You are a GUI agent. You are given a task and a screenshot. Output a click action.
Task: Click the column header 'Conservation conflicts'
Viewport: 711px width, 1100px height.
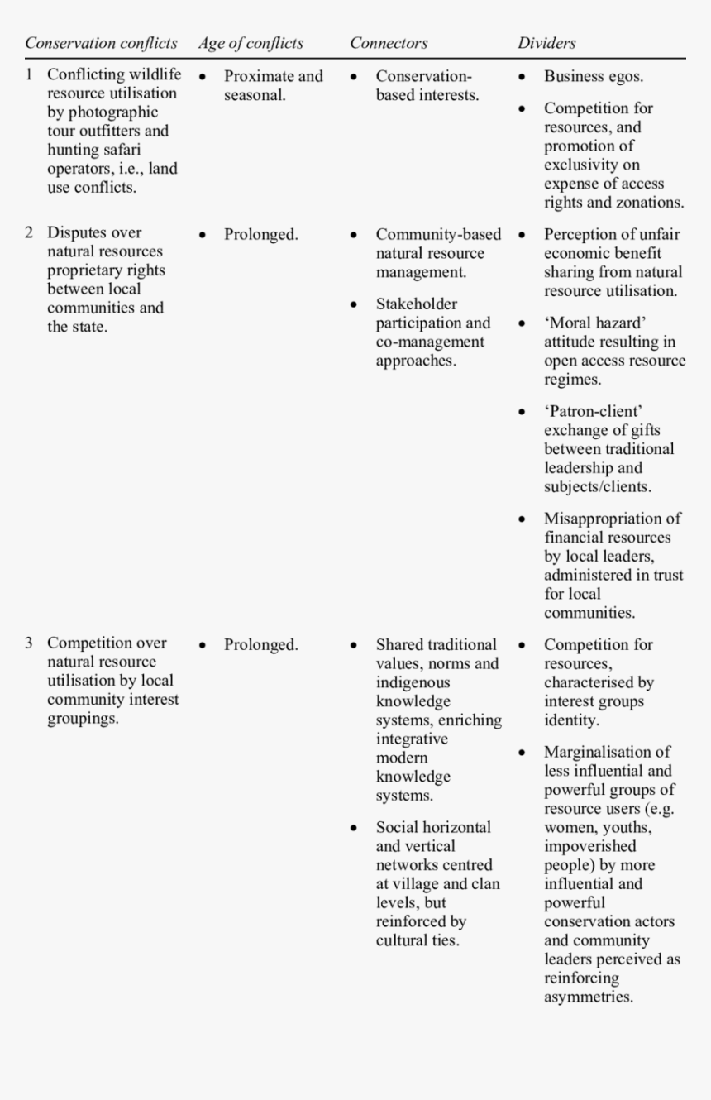101,43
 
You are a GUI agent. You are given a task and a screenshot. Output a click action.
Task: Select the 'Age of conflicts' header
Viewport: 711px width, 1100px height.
251,43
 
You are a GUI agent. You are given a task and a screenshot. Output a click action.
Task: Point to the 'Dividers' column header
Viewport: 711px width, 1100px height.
546,43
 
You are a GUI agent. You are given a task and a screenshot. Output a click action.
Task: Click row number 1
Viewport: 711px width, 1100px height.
29,74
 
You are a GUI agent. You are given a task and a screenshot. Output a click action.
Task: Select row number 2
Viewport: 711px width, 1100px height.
29,232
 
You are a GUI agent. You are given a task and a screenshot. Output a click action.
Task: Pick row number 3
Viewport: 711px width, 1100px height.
29,643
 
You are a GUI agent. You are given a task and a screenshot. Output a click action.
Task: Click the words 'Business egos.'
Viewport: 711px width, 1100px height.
593,76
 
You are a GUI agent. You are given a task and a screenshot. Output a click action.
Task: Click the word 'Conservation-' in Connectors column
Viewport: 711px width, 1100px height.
423,76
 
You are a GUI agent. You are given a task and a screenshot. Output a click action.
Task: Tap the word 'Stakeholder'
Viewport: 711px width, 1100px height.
417,304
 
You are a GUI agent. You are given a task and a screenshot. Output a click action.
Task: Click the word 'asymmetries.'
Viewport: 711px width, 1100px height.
588,997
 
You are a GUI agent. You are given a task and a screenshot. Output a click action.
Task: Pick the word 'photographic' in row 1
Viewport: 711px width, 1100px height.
102,112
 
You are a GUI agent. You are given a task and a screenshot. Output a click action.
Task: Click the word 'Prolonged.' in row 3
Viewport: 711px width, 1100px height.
260,645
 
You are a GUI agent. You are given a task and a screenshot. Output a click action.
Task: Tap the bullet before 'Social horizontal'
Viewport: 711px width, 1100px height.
354,827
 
